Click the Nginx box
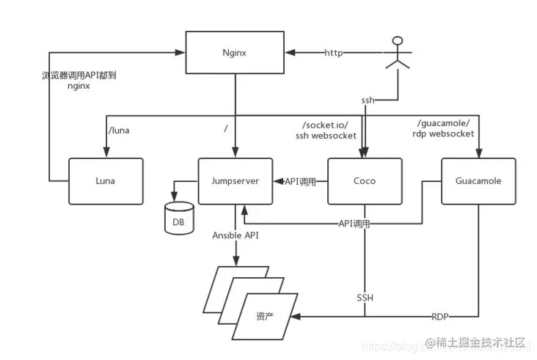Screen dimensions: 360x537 tap(235, 53)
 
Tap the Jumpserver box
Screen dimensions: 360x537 tap(235, 181)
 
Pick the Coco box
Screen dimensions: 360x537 tap(365, 181)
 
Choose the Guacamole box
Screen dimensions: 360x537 tap(478, 181)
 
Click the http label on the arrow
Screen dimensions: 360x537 tap(334, 53)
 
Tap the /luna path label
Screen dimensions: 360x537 tap(118, 130)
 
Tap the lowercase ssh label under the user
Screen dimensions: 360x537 tap(368, 99)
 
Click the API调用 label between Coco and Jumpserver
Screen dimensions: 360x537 tap(300, 181)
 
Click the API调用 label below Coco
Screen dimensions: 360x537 tap(354, 223)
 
